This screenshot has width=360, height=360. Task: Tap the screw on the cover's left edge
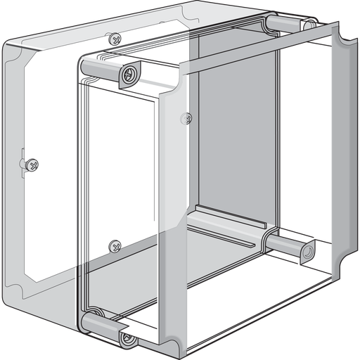click(32, 165)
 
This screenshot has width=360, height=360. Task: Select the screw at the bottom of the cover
click(115, 246)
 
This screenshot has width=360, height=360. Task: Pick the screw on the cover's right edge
click(186, 119)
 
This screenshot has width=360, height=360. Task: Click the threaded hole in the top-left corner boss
click(129, 74)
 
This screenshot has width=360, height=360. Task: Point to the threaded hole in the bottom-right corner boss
click(307, 252)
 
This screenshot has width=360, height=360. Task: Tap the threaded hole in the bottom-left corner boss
click(127, 339)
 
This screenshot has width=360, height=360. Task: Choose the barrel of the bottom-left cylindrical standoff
click(101, 323)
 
